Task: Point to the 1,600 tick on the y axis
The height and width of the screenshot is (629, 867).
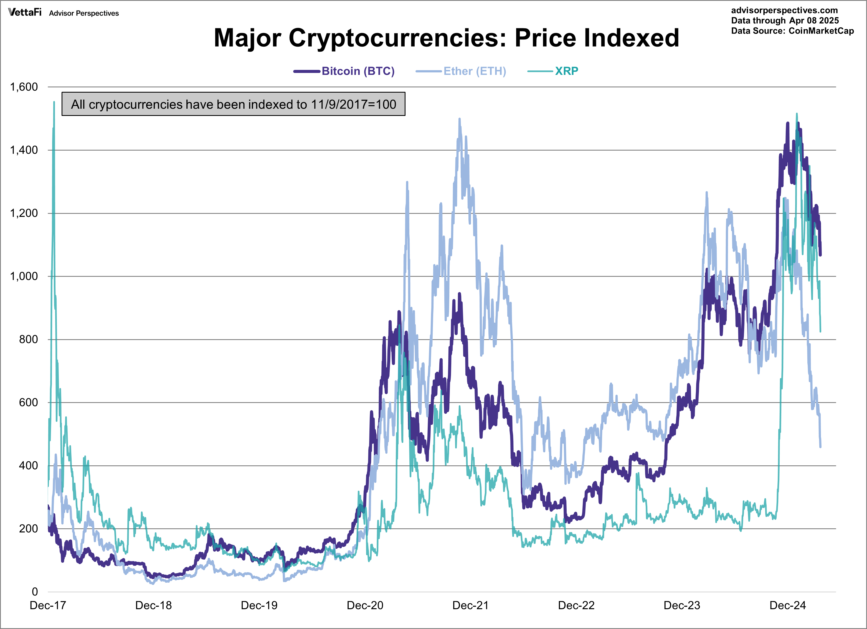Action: [24, 87]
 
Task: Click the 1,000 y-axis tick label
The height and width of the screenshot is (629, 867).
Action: [24, 276]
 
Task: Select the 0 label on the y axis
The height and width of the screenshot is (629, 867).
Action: [35, 592]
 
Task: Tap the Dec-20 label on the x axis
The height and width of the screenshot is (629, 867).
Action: [365, 605]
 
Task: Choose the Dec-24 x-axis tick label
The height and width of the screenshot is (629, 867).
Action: [787, 605]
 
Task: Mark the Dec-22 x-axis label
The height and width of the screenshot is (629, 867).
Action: [576, 605]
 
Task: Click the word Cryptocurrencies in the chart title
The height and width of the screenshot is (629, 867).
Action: [397, 38]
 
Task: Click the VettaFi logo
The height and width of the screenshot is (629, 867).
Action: [25, 12]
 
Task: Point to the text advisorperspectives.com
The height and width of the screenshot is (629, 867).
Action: [784, 10]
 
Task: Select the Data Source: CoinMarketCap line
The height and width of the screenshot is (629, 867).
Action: [792, 31]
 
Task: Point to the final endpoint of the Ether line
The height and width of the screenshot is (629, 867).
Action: [820, 446]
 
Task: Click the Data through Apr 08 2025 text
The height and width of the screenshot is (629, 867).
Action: [785, 21]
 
